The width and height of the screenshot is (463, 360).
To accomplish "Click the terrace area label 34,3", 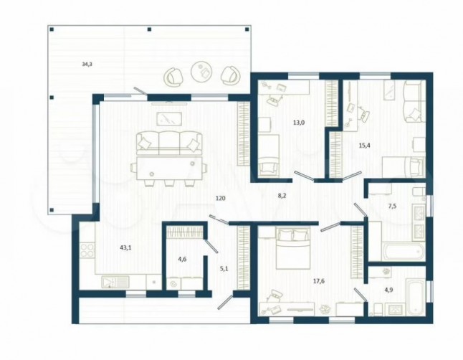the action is pyautogui.click(x=87, y=64).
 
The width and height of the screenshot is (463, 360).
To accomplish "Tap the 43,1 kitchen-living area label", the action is pyautogui.click(x=125, y=248).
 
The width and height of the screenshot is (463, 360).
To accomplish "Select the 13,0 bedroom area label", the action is pyautogui.click(x=299, y=123).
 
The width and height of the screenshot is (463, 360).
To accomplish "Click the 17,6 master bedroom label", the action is pyautogui.click(x=319, y=281).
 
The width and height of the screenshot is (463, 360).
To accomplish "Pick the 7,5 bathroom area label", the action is pyautogui.click(x=392, y=207).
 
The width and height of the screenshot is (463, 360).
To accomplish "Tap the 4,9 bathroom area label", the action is pyautogui.click(x=388, y=290).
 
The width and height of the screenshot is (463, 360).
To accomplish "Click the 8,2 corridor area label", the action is pyautogui.click(x=282, y=196).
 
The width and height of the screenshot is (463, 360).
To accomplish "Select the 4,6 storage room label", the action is pyautogui.click(x=182, y=260).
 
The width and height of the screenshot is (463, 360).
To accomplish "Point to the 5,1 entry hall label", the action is pyautogui.click(x=224, y=269).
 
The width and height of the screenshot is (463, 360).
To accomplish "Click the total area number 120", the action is pyautogui.click(x=220, y=199).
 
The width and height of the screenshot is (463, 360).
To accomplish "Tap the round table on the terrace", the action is pyautogui.click(x=201, y=70).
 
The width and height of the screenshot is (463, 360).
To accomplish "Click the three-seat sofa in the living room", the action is pyautogui.click(x=169, y=143).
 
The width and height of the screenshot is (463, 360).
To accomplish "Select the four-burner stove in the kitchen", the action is pyautogui.click(x=87, y=250).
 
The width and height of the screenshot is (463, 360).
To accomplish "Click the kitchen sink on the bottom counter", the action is pyautogui.click(x=115, y=282).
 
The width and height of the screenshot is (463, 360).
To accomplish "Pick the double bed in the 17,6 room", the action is pyautogui.click(x=293, y=247).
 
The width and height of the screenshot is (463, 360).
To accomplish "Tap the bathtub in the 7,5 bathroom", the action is pyautogui.click(x=404, y=252).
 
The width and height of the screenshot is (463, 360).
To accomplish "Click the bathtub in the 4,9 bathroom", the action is pyautogui.click(x=415, y=297).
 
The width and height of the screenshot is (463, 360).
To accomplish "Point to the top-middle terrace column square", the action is pyautogui.click(x=149, y=29).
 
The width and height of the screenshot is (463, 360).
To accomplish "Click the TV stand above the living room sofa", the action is pyautogui.click(x=169, y=103).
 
